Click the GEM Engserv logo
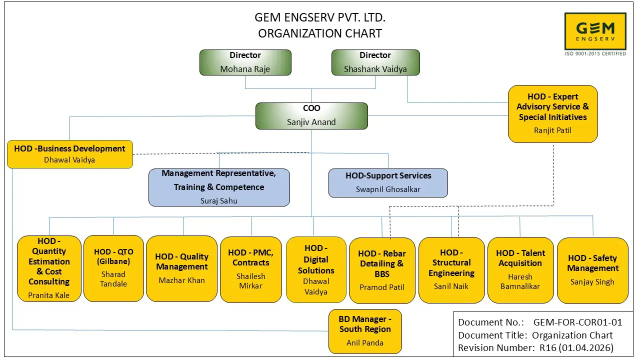pyautogui.click(x=595, y=32)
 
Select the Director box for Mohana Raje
pyautogui.click(x=245, y=62)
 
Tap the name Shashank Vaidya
pyautogui.click(x=375, y=69)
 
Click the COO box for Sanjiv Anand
pyautogui.click(x=311, y=115)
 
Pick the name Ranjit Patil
pyautogui.click(x=552, y=130)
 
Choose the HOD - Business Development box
pyautogui.click(x=70, y=154)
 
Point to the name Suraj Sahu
pyautogui.click(x=219, y=200)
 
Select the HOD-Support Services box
pyautogui.click(x=388, y=182)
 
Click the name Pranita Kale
pyautogui.click(x=49, y=295)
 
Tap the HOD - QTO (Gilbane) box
pyautogui.click(x=113, y=268)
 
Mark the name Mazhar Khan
pyautogui.click(x=181, y=280)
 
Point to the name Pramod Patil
pyautogui.click(x=382, y=287)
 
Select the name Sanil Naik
pyautogui.click(x=451, y=286)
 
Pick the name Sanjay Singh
pyautogui.click(x=592, y=282)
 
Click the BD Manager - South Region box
pyautogui.click(x=365, y=331)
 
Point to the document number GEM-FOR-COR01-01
pyautogui.click(x=577, y=322)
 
